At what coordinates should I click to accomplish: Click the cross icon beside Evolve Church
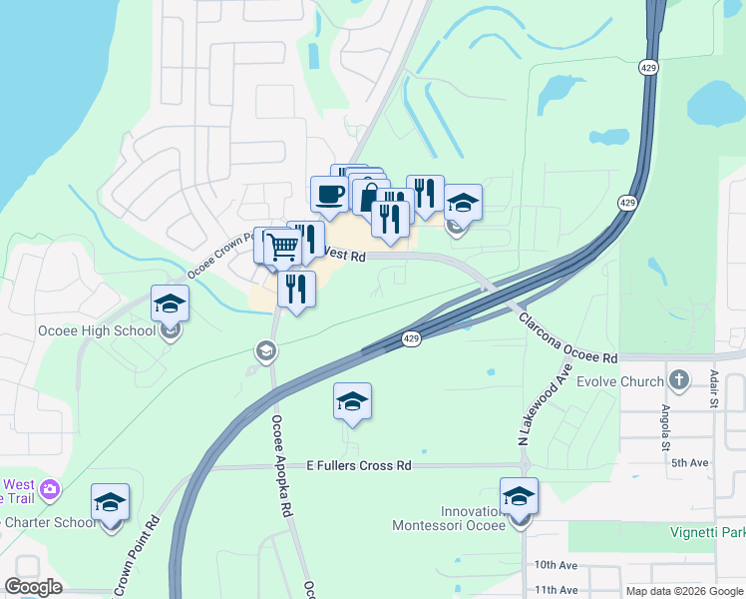tap(678, 379)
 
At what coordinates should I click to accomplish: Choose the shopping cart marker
tap(283, 245)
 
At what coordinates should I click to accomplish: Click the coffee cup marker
tap(329, 194)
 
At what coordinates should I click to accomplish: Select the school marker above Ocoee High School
tap(170, 302)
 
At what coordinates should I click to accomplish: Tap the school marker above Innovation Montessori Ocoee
tap(519, 495)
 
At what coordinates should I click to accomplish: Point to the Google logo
tap(34, 587)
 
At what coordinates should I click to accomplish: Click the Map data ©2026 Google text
tap(685, 591)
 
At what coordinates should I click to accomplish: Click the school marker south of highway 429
tap(352, 400)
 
